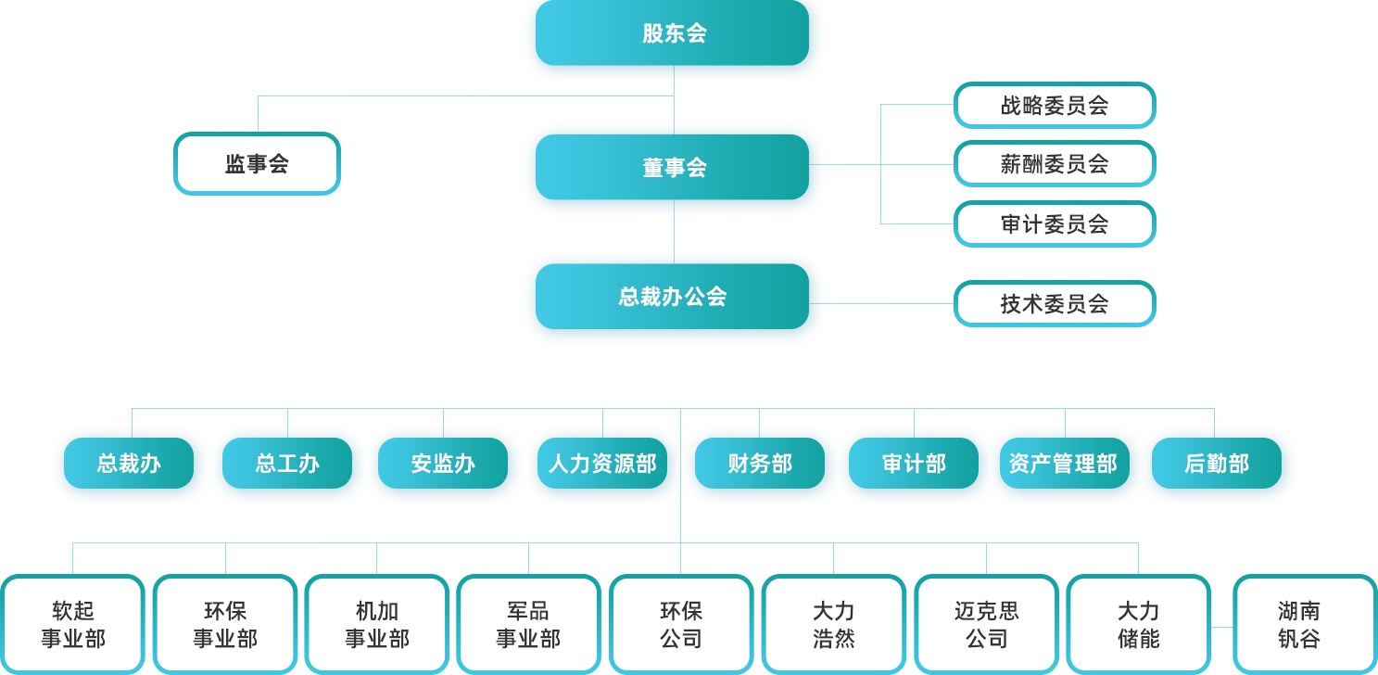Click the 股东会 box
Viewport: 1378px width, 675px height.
pyautogui.click(x=673, y=33)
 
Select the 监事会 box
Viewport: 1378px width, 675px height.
pyautogui.click(x=257, y=164)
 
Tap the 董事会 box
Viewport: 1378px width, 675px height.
pyautogui.click(x=673, y=167)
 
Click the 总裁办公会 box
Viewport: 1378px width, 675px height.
pyautogui.click(x=673, y=297)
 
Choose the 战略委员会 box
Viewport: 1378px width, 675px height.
pyautogui.click(x=1055, y=106)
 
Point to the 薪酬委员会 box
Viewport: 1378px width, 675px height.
pyautogui.click(x=1055, y=164)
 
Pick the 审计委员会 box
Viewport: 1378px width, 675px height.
pyautogui.click(x=1055, y=224)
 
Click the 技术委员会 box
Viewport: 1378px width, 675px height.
pyautogui.click(x=1055, y=304)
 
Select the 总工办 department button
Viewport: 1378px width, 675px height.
pyautogui.click(x=287, y=464)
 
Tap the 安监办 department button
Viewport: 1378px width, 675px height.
pyautogui.click(x=443, y=464)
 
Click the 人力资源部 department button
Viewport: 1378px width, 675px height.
pyautogui.click(x=602, y=464)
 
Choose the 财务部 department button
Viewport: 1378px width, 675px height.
pyautogui.click(x=760, y=464)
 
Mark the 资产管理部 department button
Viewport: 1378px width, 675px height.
pyautogui.click(x=1064, y=464)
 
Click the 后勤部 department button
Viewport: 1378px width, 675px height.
pyautogui.click(x=1216, y=464)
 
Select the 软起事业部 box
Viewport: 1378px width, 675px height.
pyautogui.click(x=72, y=624)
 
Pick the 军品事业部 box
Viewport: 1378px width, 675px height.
pyautogui.click(x=528, y=624)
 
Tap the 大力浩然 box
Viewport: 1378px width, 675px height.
pyautogui.click(x=833, y=624)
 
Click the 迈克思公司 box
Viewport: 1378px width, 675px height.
pyautogui.click(x=986, y=624)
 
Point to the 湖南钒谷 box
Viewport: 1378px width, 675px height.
pyautogui.click(x=1305, y=624)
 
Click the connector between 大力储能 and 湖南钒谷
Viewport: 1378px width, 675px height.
pyautogui.click(x=1221, y=627)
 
